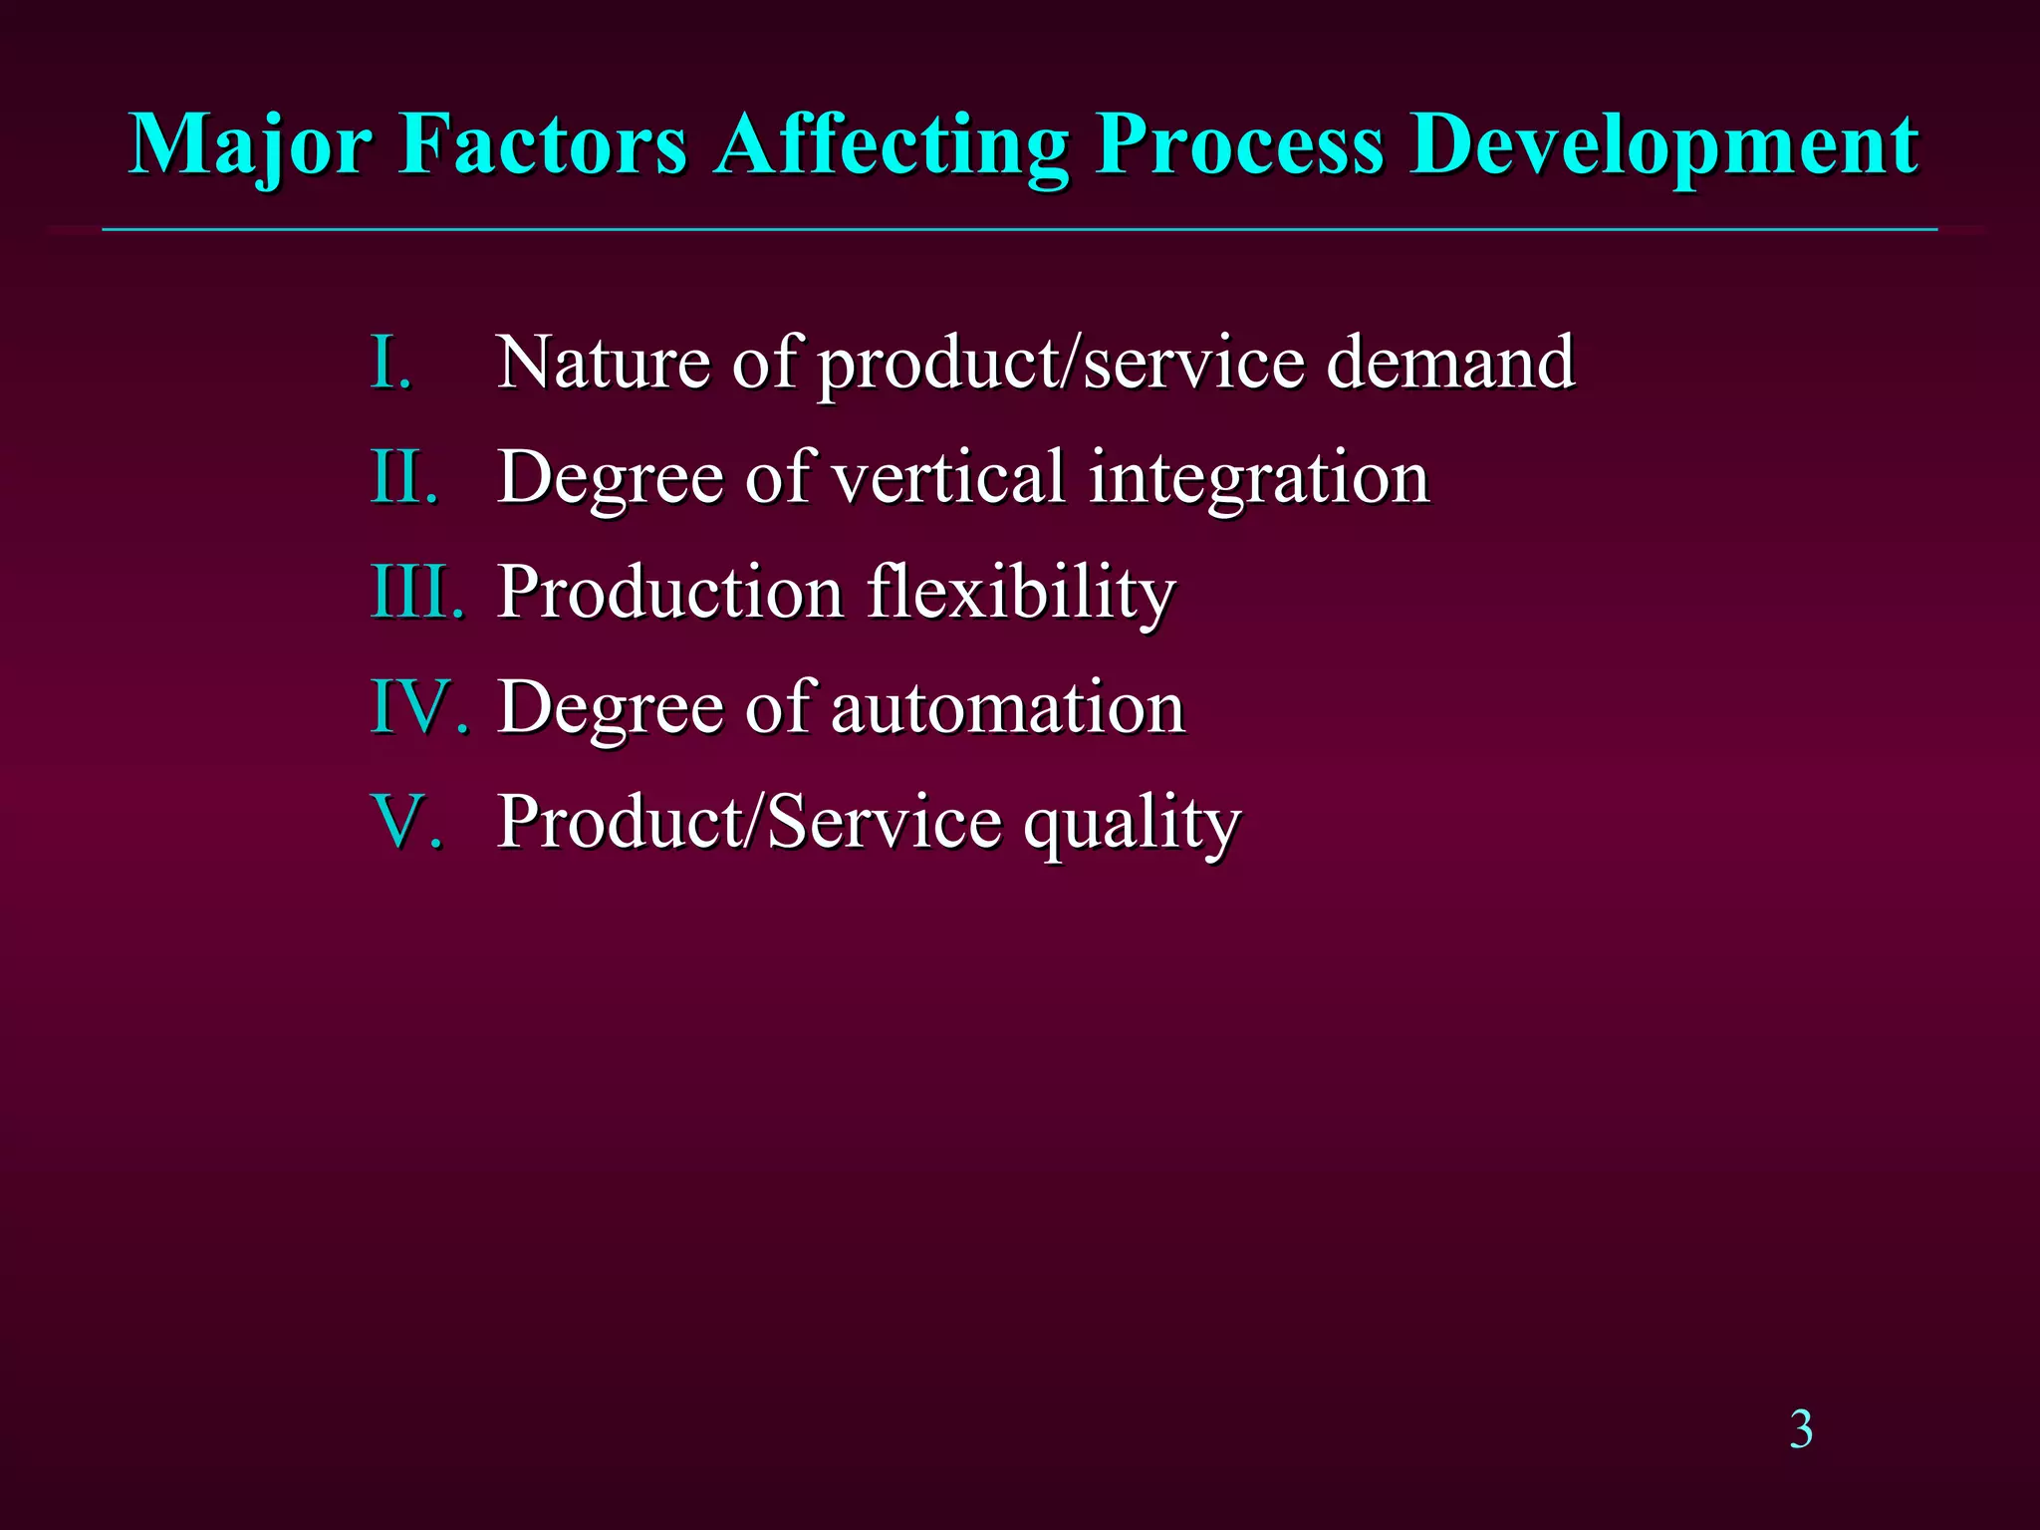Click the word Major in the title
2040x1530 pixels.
click(250, 145)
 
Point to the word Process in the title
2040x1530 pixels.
click(1239, 145)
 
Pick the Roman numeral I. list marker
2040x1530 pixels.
click(390, 362)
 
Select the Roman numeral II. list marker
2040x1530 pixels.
click(403, 476)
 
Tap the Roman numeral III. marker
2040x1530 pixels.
click(417, 592)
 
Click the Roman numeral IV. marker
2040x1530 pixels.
click(419, 707)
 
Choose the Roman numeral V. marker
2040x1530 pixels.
click(406, 822)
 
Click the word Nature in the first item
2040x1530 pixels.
click(603, 362)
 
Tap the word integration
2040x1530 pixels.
click(1259, 478)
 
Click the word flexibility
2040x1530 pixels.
click(1021, 592)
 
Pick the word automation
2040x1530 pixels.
click(1007, 707)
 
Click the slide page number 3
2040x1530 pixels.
click(1801, 1430)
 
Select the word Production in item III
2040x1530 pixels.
click(671, 592)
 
